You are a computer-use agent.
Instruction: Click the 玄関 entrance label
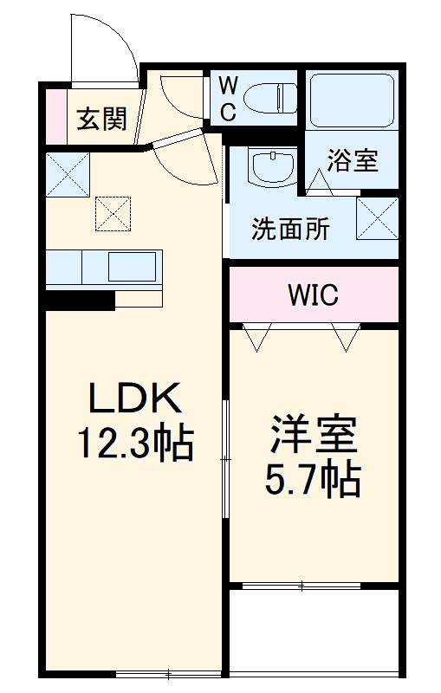102,118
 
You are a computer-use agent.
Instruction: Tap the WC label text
226,97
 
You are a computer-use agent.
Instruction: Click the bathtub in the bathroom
350,99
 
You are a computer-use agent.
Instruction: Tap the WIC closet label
313,295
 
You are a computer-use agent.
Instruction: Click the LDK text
134,399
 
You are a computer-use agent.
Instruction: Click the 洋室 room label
314,436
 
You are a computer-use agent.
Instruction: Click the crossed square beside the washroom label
377,217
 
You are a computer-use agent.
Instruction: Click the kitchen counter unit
104,269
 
